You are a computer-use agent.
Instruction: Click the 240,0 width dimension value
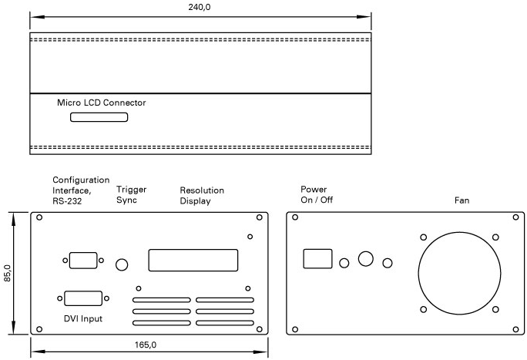[x=200, y=7]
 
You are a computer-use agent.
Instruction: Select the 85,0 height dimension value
[x=8, y=274]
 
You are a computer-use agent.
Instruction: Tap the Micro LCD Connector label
[x=102, y=103]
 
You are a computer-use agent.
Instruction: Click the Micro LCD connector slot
[x=99, y=118]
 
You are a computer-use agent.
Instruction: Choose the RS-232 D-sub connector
[x=83, y=260]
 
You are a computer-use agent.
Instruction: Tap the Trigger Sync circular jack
[x=122, y=264]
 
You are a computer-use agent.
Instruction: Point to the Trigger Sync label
[x=132, y=194]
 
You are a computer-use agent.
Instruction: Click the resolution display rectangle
[x=193, y=260]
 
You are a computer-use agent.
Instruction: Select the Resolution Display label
[x=202, y=196]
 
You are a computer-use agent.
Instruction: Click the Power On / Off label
[x=317, y=194]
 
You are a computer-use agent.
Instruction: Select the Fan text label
[x=462, y=200]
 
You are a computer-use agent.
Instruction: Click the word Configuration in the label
[x=81, y=180]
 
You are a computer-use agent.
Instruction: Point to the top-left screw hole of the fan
[x=423, y=237]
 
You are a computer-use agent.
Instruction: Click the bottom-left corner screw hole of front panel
[x=39, y=329]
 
